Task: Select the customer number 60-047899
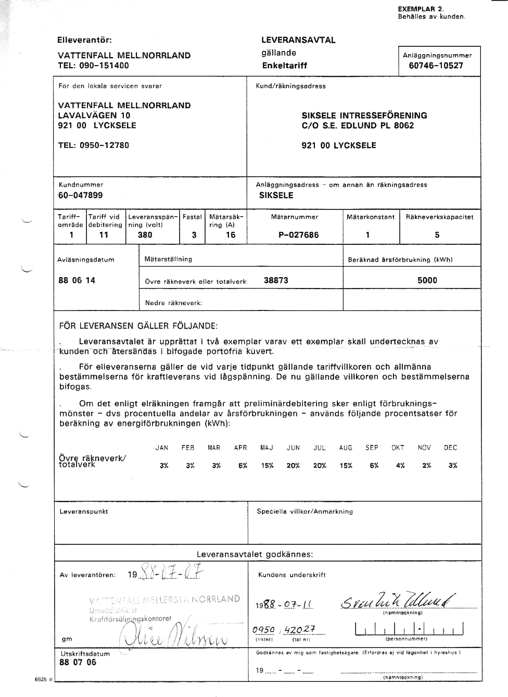pos(81,195)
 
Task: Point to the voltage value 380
pos(145,235)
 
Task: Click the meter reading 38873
pos(276,280)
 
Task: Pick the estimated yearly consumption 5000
pos(427,280)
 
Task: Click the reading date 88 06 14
pos(77,280)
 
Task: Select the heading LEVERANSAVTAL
pos(298,40)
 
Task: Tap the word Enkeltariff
pos(285,66)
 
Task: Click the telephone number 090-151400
pos(104,66)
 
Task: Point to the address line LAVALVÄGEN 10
pos(94,116)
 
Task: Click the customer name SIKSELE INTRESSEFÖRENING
pos(364,116)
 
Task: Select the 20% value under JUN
pos(293,466)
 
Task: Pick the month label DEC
pos(451,447)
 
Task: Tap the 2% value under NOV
pos(427,466)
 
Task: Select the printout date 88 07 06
pos(78,663)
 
